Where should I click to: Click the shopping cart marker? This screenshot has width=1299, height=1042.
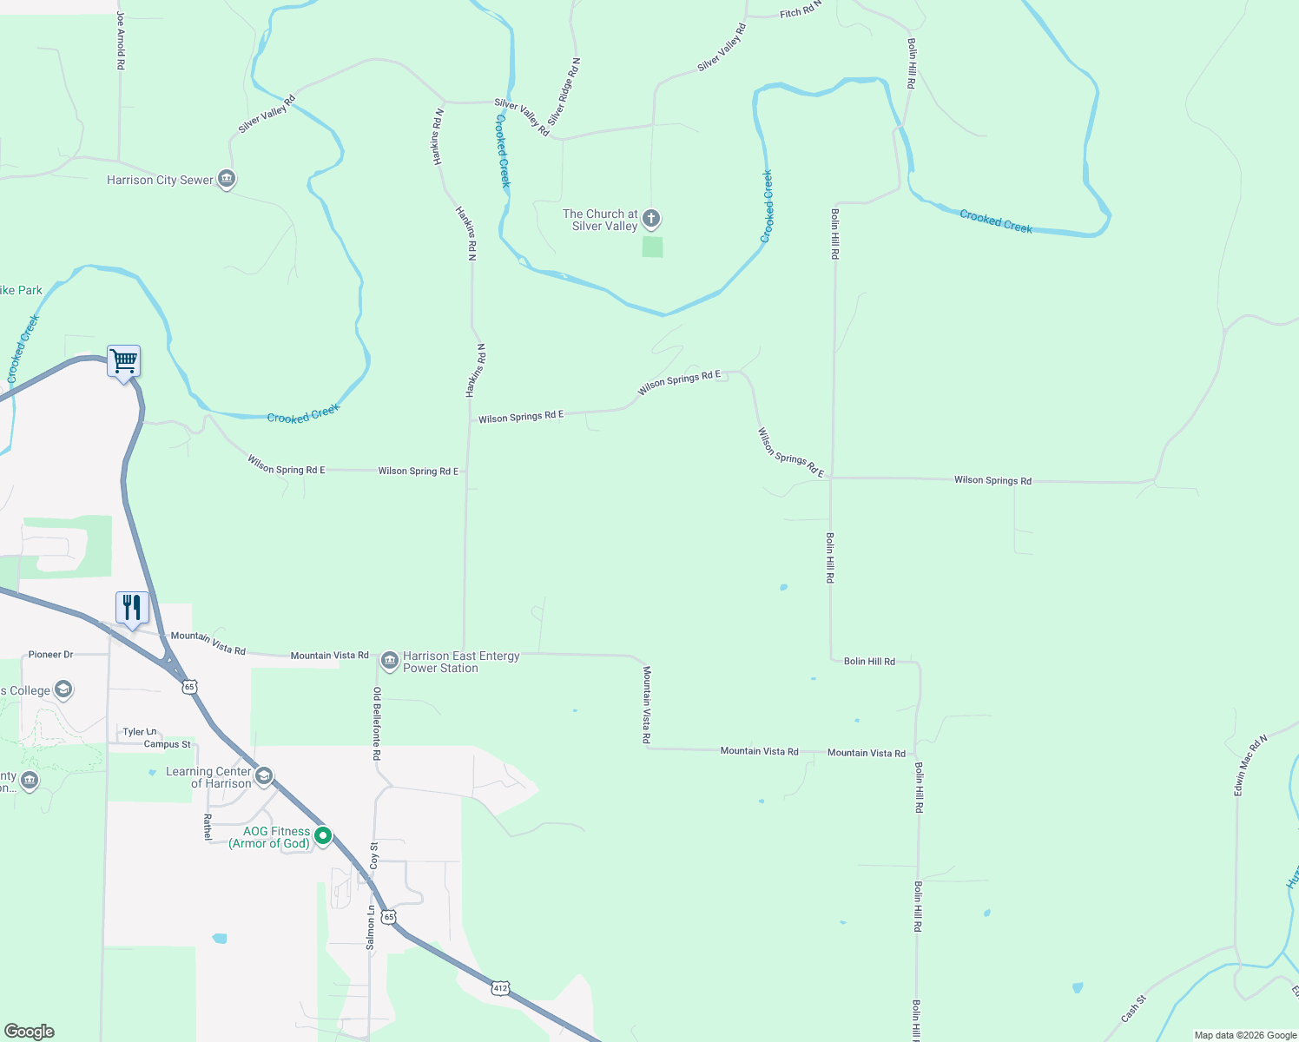[x=124, y=360]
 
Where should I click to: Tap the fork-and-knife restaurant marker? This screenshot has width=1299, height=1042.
[x=132, y=607]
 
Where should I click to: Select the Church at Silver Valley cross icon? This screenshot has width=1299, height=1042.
[x=651, y=219]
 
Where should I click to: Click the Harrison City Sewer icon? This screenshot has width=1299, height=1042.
[x=227, y=180]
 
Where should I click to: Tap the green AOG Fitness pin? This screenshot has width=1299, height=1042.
[x=323, y=836]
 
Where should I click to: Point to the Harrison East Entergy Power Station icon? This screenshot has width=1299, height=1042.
[x=390, y=661]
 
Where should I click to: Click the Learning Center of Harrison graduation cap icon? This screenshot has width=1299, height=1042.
[x=265, y=775]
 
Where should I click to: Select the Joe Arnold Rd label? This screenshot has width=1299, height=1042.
[x=121, y=41]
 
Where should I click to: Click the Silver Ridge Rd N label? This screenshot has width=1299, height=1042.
[x=564, y=92]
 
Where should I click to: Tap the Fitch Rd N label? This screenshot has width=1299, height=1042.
[x=800, y=12]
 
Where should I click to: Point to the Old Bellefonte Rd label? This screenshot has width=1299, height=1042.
[x=377, y=723]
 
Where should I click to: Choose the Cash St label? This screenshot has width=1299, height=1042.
[x=1133, y=1008]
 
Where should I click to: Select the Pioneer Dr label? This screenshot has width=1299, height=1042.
[x=51, y=655]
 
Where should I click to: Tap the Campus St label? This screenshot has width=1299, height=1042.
[x=168, y=744]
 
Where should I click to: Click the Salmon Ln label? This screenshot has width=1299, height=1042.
[x=371, y=927]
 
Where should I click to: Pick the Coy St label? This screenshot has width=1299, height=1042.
[x=374, y=855]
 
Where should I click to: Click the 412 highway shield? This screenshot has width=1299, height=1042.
[x=499, y=988]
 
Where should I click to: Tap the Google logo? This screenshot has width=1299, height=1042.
[x=30, y=1032]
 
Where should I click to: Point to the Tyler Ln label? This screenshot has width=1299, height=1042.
[x=140, y=732]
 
